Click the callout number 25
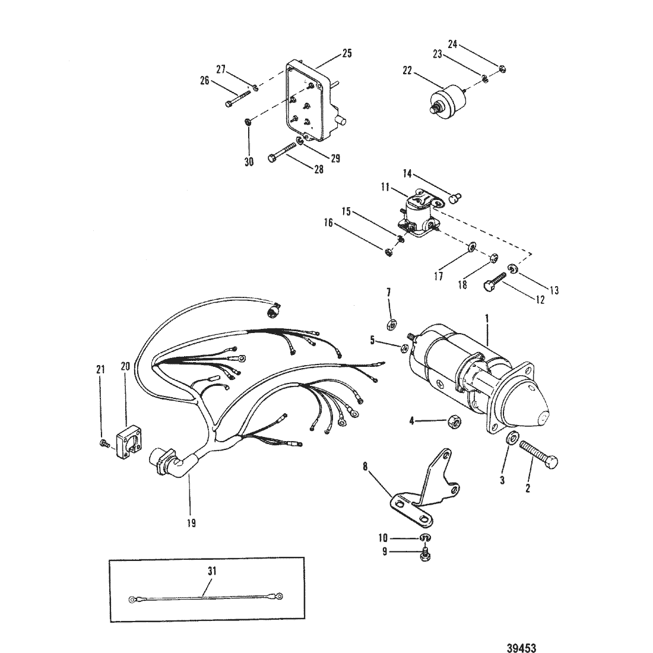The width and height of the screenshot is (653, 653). [x=347, y=53]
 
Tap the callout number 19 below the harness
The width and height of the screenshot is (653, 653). [x=191, y=523]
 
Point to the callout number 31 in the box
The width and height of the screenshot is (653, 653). [x=212, y=570]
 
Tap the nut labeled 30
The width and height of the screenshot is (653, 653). [x=247, y=122]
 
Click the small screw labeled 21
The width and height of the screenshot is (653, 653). [x=104, y=445]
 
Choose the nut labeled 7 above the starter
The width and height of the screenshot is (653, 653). [x=391, y=324]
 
